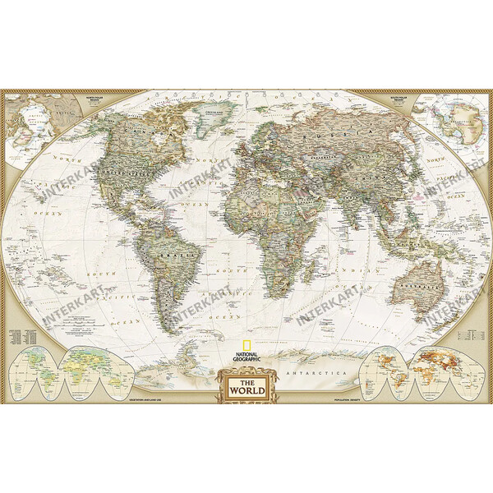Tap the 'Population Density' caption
(348, 400)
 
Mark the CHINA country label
(369, 173)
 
